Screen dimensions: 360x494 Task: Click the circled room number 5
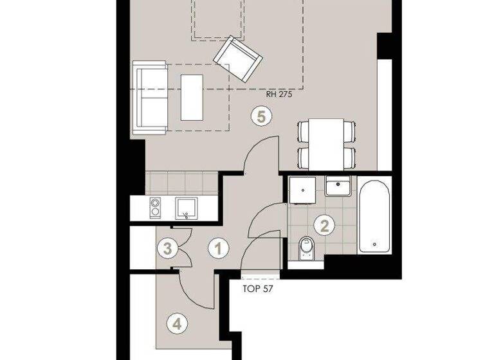click(261, 116)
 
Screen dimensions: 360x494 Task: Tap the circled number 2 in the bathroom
click(324, 225)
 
